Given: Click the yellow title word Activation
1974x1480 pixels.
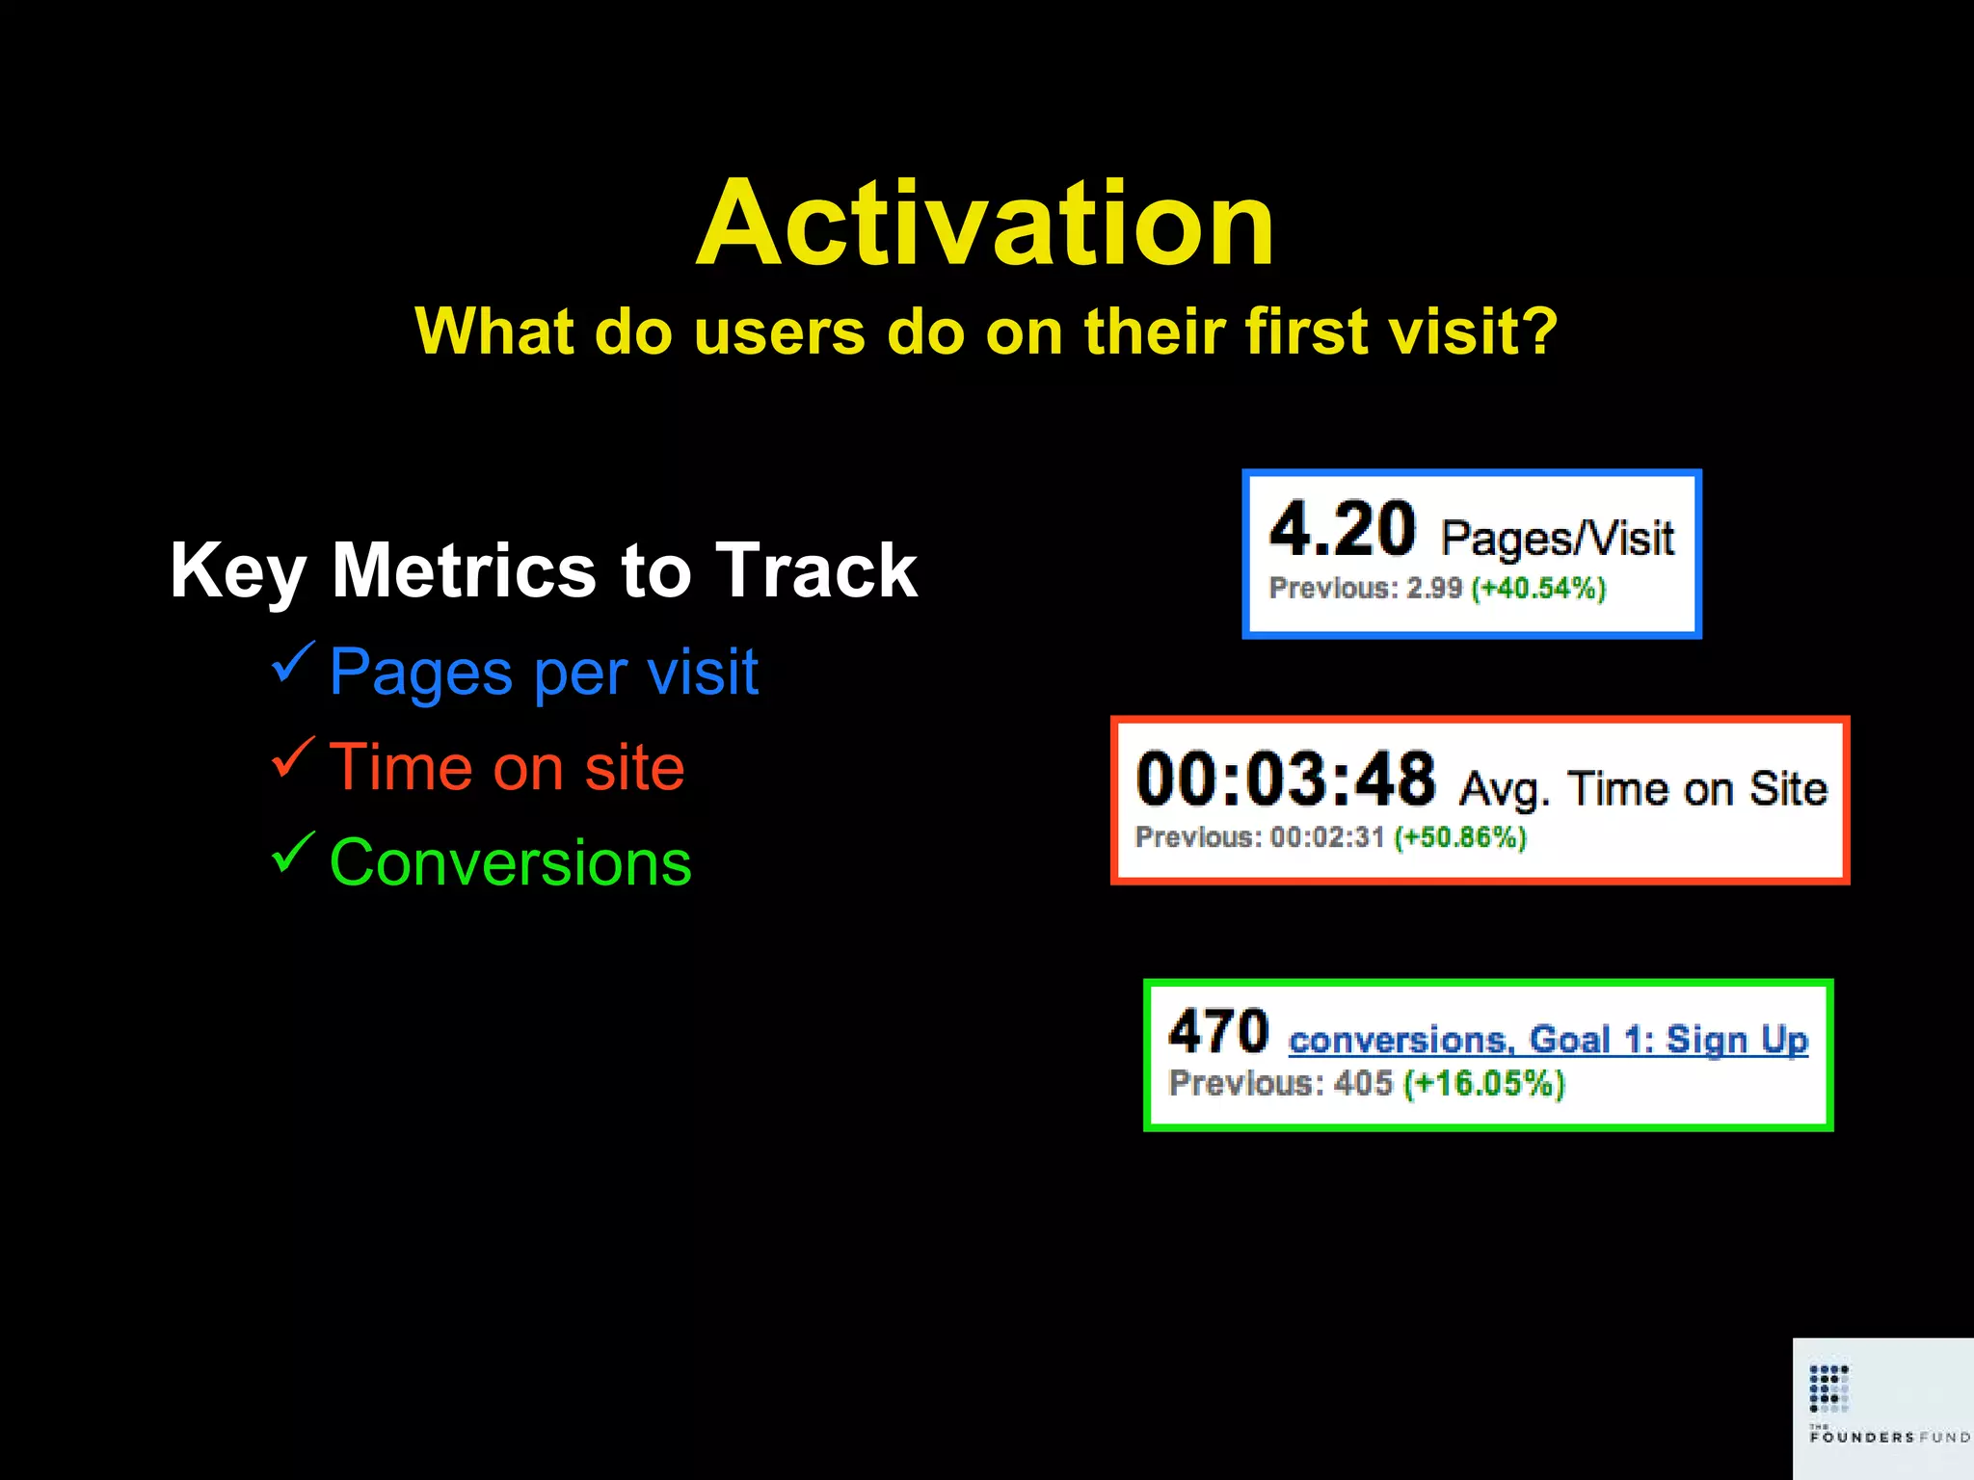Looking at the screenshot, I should coord(985,224).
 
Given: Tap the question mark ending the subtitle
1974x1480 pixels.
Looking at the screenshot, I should coord(1539,331).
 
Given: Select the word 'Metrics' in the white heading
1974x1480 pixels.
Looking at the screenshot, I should coord(464,570).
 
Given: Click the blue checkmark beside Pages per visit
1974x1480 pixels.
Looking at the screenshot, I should coord(292,662).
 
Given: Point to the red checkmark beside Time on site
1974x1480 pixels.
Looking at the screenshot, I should coord(292,757).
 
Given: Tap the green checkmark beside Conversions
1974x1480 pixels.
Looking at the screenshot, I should coord(292,852).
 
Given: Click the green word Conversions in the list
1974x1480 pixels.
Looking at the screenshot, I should coord(510,862).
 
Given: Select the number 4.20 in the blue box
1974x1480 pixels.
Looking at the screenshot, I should coord(1342,530).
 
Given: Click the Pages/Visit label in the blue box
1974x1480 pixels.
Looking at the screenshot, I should coord(1557,538).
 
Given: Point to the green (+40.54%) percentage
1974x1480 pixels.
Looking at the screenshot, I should coord(1538,588).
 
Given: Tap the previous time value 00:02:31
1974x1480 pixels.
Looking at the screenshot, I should coord(1327,836).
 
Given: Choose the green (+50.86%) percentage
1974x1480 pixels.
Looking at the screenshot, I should coord(1460,836).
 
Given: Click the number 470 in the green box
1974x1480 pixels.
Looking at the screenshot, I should coord(1218,1031).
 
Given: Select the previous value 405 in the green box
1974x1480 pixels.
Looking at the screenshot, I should coord(1363,1083).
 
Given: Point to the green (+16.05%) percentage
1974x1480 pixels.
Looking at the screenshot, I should coord(1483,1083).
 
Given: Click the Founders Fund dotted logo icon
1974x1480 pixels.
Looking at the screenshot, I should coord(1828,1387).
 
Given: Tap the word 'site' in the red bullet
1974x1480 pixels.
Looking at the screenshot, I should coord(634,768).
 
